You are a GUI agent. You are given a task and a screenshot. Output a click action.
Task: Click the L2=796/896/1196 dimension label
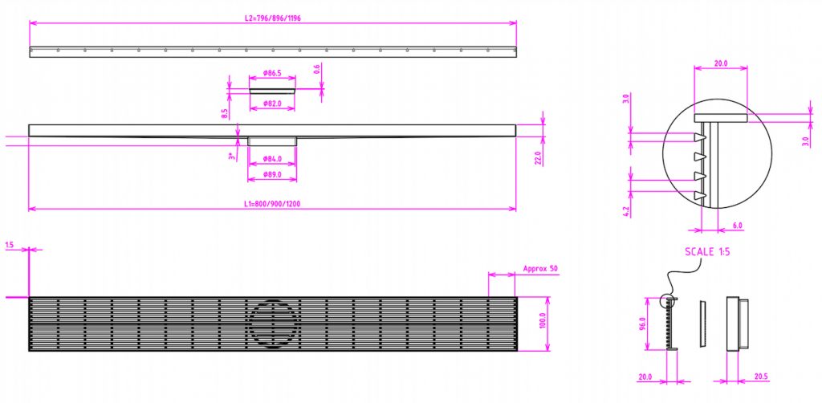[x=273, y=18]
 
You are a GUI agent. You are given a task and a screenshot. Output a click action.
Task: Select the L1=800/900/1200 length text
[x=272, y=204]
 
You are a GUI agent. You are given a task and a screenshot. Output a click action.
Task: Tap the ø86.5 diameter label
[x=272, y=73]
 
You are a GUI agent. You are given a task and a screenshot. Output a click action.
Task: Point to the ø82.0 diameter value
[x=272, y=104]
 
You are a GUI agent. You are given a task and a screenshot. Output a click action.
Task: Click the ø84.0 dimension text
[x=272, y=159]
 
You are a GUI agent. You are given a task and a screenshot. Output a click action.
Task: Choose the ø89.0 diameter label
[x=272, y=173]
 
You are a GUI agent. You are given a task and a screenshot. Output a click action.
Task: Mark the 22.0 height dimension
[x=537, y=157]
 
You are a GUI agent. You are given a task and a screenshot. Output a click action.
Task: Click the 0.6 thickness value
[x=317, y=69]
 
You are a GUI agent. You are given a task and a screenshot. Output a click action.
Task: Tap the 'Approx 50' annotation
[x=540, y=269]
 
